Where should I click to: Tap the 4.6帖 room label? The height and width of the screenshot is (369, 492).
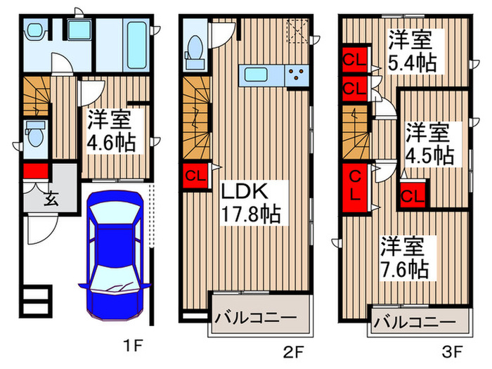coord(110,131)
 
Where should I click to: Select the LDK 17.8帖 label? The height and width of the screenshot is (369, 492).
coord(251,202)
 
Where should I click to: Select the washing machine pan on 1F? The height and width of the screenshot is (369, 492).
coord(75,32)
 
